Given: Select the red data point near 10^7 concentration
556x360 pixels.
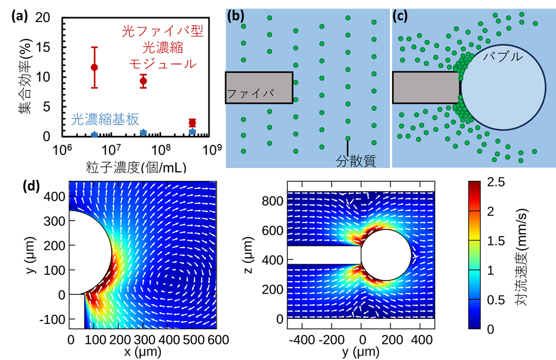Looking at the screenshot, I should pos(95,67).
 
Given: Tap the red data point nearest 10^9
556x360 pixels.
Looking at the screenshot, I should pos(192,123).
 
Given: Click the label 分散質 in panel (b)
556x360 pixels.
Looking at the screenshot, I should pos(356,161).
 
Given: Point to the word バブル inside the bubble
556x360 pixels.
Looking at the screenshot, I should pos(503,57).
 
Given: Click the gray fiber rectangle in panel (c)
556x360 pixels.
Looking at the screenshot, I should pos(426,87).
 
